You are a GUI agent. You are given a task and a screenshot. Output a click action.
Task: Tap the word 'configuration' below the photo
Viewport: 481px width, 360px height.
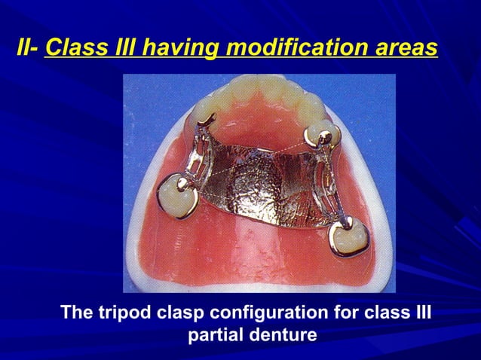(273, 313)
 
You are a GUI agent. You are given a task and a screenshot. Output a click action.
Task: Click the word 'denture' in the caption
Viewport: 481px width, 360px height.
(283, 334)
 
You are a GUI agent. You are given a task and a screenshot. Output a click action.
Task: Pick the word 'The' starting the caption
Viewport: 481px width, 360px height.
(78, 313)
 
